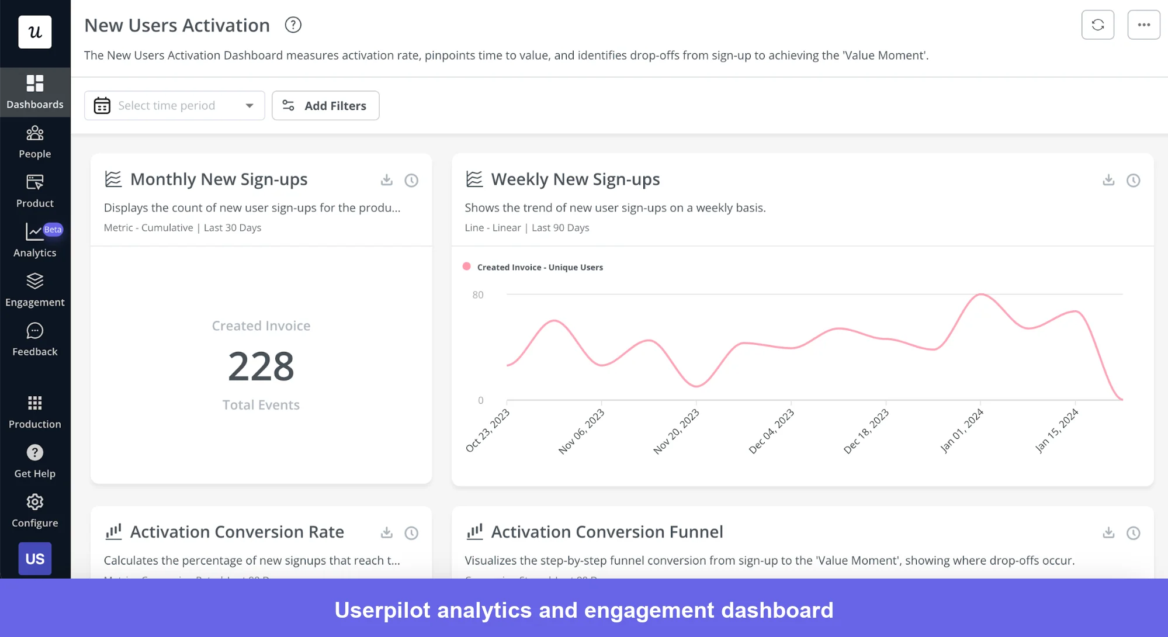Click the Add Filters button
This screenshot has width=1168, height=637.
click(325, 106)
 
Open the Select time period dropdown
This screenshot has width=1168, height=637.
click(174, 106)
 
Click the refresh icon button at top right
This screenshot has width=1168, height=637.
click(1097, 25)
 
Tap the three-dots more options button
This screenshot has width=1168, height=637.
click(1143, 25)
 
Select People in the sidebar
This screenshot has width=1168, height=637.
click(35, 142)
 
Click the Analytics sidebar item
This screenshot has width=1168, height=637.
click(35, 240)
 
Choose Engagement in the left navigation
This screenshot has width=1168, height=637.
click(35, 290)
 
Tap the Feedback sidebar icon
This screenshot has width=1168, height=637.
click(35, 340)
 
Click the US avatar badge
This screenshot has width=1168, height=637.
click(35, 559)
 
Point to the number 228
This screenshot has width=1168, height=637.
click(261, 366)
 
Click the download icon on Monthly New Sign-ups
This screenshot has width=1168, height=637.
click(387, 180)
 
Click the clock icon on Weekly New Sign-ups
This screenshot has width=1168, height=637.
click(1133, 180)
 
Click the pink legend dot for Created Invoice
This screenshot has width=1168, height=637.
click(467, 266)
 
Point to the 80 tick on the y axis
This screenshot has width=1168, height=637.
click(478, 295)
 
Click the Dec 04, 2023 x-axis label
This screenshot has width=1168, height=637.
click(771, 431)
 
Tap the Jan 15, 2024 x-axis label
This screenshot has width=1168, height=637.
click(1056, 431)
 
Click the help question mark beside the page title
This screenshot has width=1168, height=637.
click(293, 25)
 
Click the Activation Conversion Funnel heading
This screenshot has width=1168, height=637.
click(606, 532)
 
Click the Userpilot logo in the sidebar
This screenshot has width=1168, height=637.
click(35, 32)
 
